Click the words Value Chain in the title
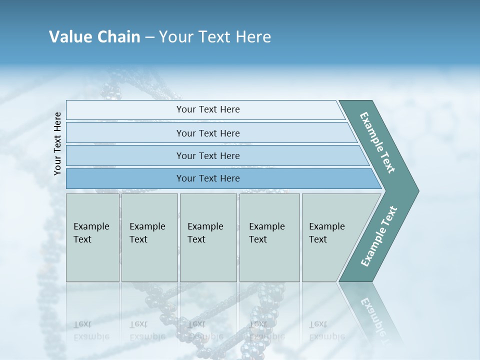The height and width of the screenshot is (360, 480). tap(94, 37)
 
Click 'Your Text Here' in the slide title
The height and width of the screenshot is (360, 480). tap(215, 37)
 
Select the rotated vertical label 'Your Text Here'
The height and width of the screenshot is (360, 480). tap(57, 143)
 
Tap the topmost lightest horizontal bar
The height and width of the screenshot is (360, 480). tap(207, 109)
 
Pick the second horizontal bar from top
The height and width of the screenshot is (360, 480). tap(207, 133)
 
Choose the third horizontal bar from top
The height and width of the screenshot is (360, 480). tap(207, 155)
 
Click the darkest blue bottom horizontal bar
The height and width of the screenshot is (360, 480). tap(207, 178)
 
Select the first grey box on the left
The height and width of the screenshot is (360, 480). tap(92, 237)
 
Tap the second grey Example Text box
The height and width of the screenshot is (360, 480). tap(149, 237)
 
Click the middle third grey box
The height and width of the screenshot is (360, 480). tap(208, 237)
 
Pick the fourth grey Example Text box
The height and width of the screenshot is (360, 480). tap(269, 237)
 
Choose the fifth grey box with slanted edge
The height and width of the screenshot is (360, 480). tap(330, 237)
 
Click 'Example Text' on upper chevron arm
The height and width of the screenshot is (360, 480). tap(377, 142)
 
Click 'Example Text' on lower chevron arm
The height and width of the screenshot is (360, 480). tap(379, 236)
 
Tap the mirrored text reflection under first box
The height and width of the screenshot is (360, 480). tap(91, 330)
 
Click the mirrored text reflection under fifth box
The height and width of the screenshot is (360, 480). tap(327, 330)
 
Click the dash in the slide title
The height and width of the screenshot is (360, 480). tap(149, 37)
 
